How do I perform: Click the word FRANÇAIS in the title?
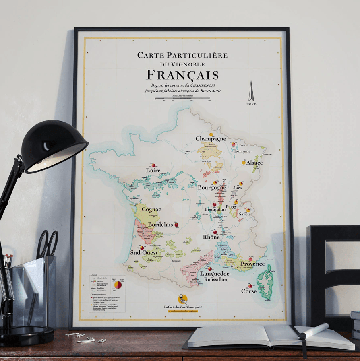click(182, 75)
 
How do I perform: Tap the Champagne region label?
click(211, 139)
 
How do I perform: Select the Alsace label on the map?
click(254, 163)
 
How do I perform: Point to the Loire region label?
click(153, 171)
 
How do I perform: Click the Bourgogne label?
click(211, 188)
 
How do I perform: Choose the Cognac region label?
click(151, 209)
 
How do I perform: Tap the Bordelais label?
click(160, 224)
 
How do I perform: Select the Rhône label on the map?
click(211, 237)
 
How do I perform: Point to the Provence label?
click(252, 264)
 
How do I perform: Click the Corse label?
click(248, 291)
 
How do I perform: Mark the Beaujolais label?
click(215, 210)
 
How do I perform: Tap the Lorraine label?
click(242, 151)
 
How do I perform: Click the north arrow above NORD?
click(251, 91)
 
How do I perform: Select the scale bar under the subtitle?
click(182, 98)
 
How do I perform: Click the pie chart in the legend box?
click(118, 285)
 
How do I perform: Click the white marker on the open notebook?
click(313, 331)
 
